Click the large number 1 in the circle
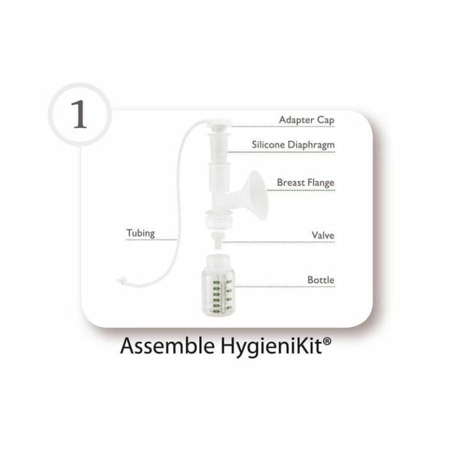[x=79, y=114]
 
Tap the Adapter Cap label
[x=306, y=120]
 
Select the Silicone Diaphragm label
[x=293, y=145]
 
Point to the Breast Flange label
[x=306, y=183]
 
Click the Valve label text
[x=323, y=235]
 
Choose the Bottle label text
[x=321, y=280]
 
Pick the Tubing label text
[x=141, y=233]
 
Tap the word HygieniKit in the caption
[x=271, y=347]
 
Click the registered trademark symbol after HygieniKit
[x=326, y=341]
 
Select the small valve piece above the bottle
[x=217, y=240]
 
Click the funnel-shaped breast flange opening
[x=257, y=194]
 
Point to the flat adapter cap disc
[x=216, y=124]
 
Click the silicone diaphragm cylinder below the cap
[x=218, y=147]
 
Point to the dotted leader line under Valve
[x=278, y=242]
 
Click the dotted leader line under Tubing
[x=151, y=240]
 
